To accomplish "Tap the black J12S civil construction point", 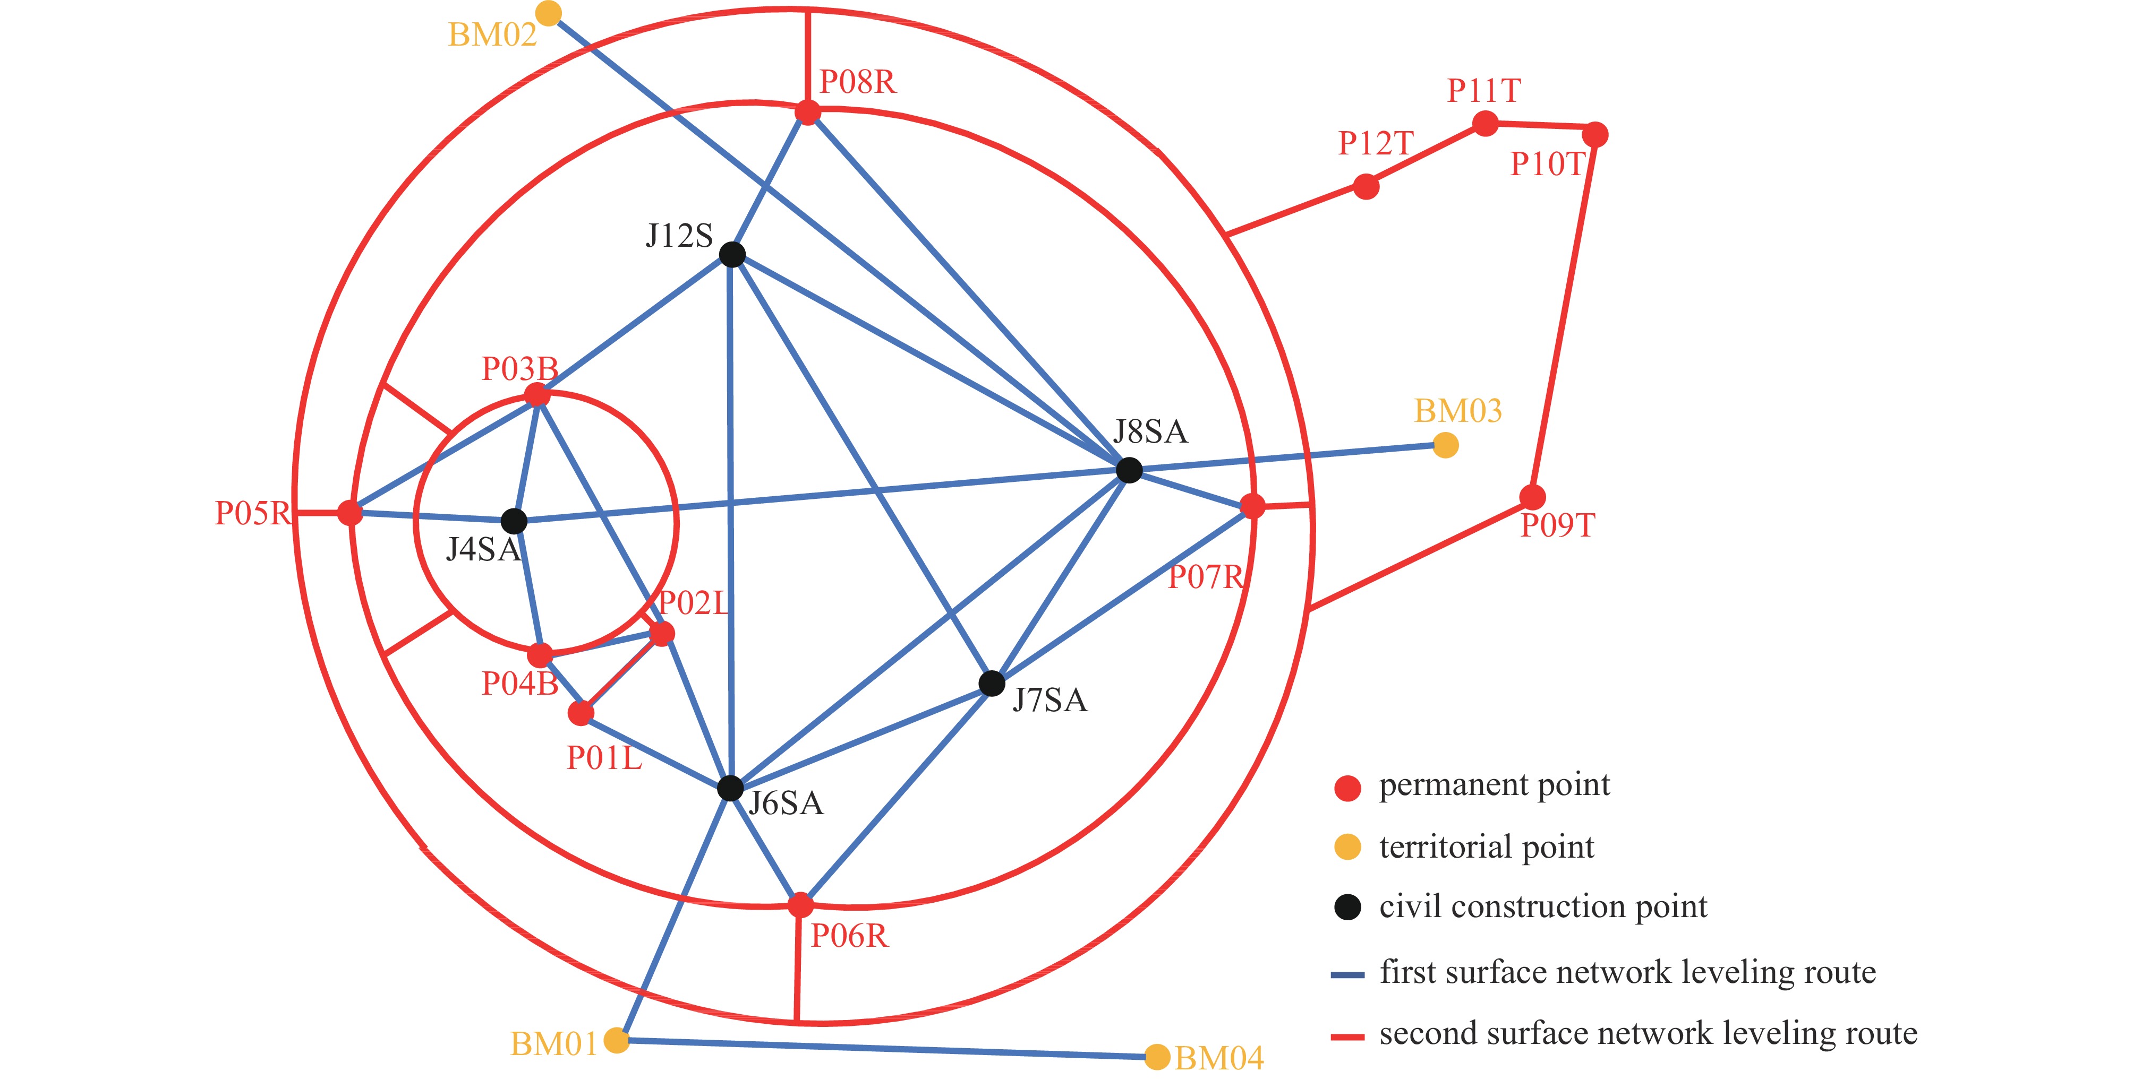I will tap(732, 254).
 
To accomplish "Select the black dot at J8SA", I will tap(1129, 470).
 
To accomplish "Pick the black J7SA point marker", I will tap(991, 684).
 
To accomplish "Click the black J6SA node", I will tap(729, 788).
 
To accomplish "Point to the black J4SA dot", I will tap(514, 521).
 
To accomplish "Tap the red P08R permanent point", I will tap(807, 112).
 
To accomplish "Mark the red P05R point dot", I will tap(350, 513).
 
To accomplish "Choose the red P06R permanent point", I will tap(800, 904).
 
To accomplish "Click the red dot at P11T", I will tap(1486, 124).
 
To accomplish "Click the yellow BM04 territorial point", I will tap(1157, 1057).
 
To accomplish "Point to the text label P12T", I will tap(1375, 144).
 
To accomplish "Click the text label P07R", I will tap(1206, 577).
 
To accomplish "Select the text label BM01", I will tap(553, 1044).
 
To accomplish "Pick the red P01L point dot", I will tap(581, 713).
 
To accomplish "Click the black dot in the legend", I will tap(1347, 907).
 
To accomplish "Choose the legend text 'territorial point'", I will tap(1486, 846).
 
